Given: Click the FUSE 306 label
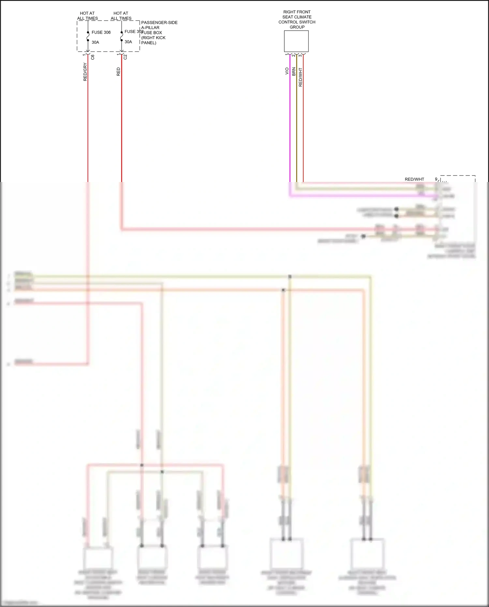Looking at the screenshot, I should (x=101, y=32).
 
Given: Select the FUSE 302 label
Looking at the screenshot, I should (x=133, y=32).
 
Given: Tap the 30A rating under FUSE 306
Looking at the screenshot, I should (x=95, y=42).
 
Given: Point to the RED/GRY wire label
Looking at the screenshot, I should (x=85, y=72).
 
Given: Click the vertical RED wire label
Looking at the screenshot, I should (x=118, y=72).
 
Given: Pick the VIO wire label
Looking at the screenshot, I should (x=287, y=71).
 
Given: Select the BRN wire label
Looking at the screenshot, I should (x=294, y=72).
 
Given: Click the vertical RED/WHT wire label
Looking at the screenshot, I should (x=301, y=77).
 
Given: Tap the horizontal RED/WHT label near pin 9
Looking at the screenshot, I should (x=414, y=179).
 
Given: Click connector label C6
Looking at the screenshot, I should (x=93, y=57).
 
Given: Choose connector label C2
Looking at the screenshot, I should (x=125, y=57).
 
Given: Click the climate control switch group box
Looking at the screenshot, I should (x=296, y=41).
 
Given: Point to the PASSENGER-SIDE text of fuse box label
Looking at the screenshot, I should (x=159, y=23).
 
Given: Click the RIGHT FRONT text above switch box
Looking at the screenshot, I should (x=297, y=12).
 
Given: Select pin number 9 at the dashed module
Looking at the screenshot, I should (x=436, y=179).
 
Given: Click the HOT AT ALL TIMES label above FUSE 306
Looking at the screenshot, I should (x=87, y=16).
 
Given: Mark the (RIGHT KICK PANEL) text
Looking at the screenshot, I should (x=153, y=40).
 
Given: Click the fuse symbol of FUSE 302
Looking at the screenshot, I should (x=122, y=37).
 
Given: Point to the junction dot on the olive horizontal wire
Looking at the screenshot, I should (x=290, y=277).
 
